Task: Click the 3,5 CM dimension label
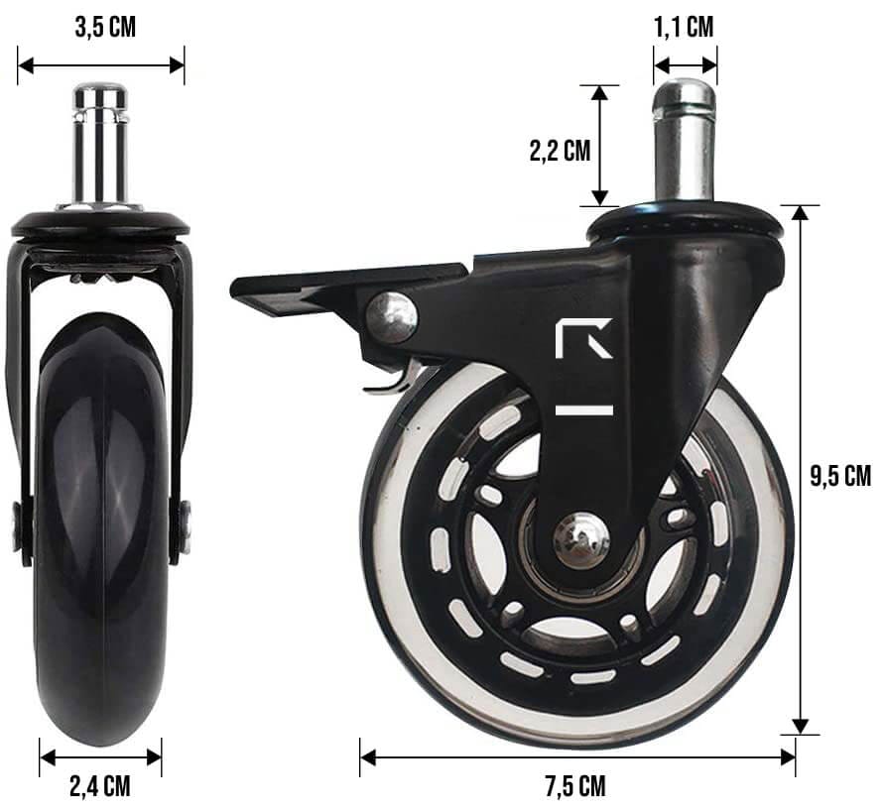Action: point(104,27)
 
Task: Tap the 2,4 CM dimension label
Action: point(99,787)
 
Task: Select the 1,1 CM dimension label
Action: point(684,26)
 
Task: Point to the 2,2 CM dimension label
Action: point(559,151)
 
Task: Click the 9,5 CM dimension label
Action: point(840,476)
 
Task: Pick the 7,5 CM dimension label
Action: point(574,787)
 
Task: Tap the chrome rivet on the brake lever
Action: point(391,316)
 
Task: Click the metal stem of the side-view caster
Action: point(100,144)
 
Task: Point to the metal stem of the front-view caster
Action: point(685,139)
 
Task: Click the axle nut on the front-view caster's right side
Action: point(185,525)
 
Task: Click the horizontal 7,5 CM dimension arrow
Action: point(576,756)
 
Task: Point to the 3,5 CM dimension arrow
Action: point(100,65)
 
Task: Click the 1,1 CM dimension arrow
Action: point(685,65)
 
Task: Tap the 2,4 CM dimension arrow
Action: point(99,756)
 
